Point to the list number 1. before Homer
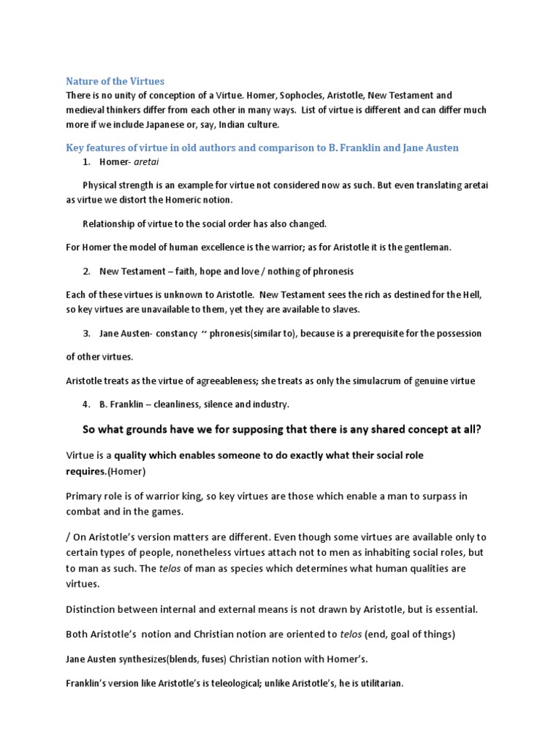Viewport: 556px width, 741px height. coord(87,162)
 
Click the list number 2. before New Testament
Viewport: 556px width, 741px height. coord(87,271)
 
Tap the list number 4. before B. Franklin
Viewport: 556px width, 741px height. coord(87,405)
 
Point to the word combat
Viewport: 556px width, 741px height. coord(86,512)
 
